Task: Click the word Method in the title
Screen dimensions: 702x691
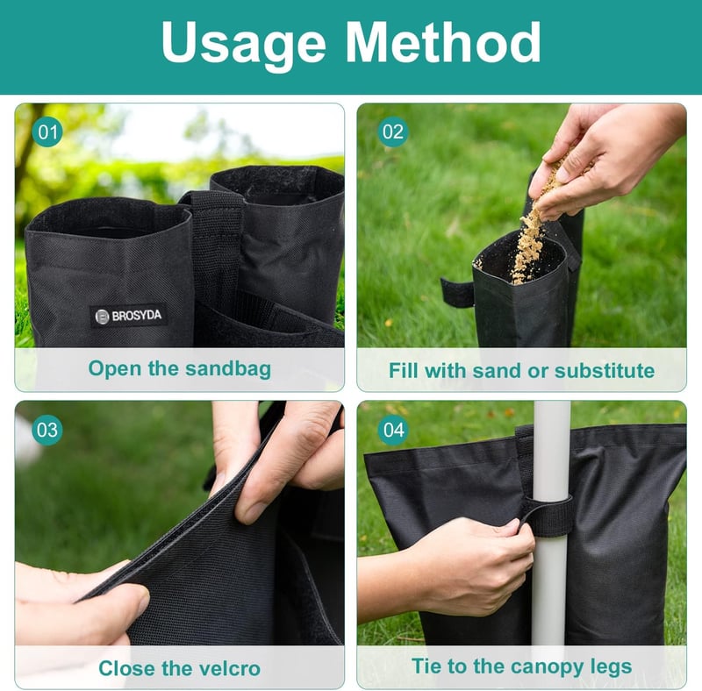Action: coord(443,41)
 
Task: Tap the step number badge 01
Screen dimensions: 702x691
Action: coord(47,132)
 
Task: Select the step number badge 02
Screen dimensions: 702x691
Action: coord(393,132)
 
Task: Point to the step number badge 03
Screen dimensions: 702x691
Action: coord(47,430)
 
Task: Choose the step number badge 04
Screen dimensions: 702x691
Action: coord(393,430)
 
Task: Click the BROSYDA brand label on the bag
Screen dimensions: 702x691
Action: coord(128,316)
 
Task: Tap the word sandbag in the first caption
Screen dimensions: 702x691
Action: coord(228,369)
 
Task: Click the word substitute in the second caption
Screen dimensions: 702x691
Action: coord(605,371)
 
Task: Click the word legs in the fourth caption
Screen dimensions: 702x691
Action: coord(611,666)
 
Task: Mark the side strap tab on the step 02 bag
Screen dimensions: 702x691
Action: coord(456,292)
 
